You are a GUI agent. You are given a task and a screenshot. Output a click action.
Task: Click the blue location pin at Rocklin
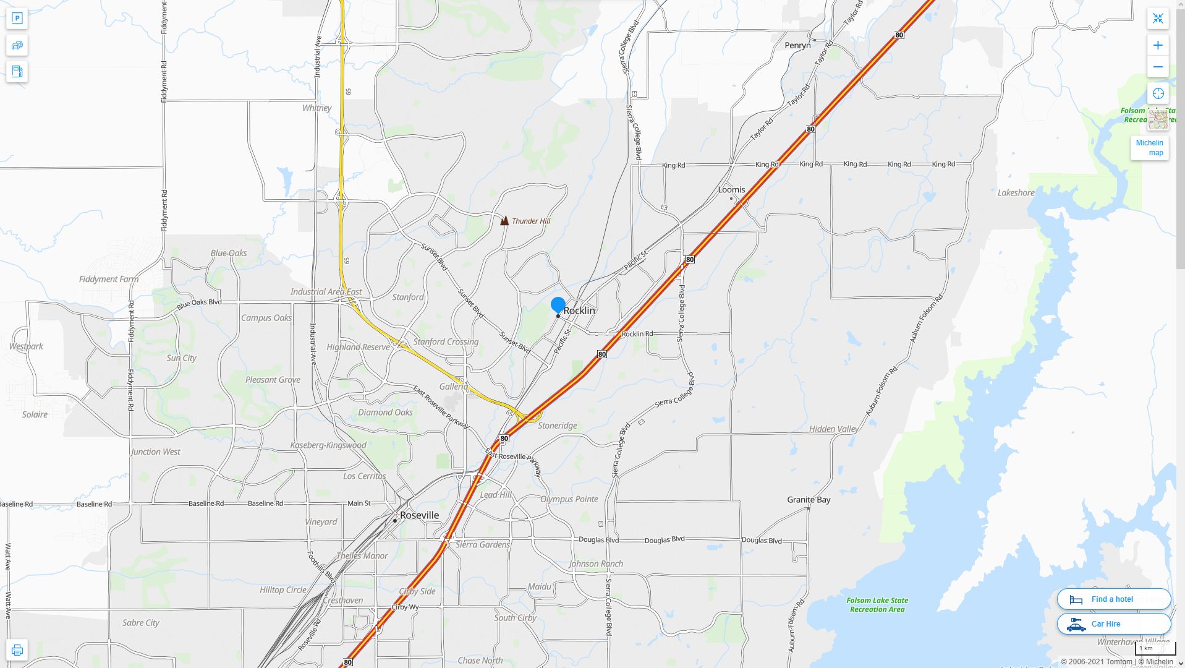(x=558, y=305)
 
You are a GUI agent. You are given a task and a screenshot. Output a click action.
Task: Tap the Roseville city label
(x=419, y=515)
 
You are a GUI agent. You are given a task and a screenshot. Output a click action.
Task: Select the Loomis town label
(x=731, y=190)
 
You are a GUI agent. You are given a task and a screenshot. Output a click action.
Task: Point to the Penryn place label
(x=797, y=45)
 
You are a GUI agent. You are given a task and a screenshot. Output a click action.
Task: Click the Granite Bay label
(x=809, y=500)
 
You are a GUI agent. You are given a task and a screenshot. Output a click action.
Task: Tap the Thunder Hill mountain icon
(x=504, y=220)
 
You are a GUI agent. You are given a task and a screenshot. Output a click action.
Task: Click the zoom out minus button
(x=1158, y=67)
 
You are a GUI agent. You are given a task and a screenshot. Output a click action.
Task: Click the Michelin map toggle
(x=1149, y=148)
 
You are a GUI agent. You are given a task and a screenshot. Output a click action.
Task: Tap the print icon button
(x=17, y=650)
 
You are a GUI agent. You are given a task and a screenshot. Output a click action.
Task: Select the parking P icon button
(x=17, y=19)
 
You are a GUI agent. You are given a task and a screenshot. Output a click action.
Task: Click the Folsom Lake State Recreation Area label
(x=877, y=605)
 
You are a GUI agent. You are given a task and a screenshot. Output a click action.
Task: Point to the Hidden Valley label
(x=833, y=429)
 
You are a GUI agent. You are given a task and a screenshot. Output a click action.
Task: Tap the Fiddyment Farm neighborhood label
(x=109, y=280)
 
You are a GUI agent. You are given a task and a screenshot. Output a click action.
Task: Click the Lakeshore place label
(x=1016, y=193)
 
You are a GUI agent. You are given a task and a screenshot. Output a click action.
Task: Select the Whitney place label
(x=316, y=108)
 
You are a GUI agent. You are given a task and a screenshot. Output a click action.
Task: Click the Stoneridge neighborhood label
(x=557, y=426)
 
